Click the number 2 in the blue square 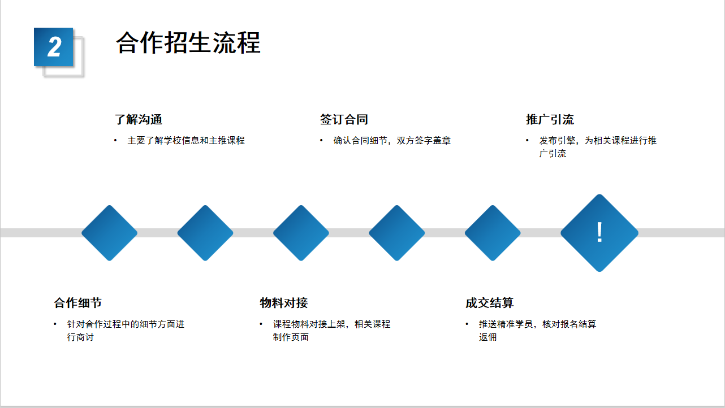tap(54, 47)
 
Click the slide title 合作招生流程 tap(188, 43)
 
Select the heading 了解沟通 tap(138, 120)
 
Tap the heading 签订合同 tap(344, 120)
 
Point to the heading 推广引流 tap(550, 120)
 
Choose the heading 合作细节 tap(78, 303)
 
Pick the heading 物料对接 tap(283, 303)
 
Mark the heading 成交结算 tap(490, 303)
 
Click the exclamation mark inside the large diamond tap(599, 232)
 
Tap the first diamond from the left tap(109, 233)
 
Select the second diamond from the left tap(205, 233)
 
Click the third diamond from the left tap(301, 233)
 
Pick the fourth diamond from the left tap(397, 233)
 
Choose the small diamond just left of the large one tap(493, 233)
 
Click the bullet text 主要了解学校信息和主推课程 tap(186, 141)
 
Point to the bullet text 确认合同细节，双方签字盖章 tap(392, 141)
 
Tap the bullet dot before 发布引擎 tap(527, 140)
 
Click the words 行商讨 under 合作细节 tap(81, 337)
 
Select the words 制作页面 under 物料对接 tap(291, 337)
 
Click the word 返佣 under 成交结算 tap(487, 337)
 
